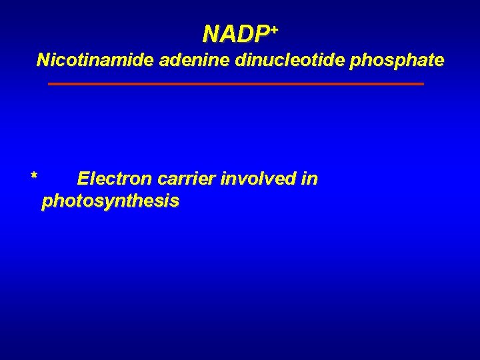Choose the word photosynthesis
(x=110, y=201)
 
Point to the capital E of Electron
(x=83, y=179)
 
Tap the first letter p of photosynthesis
(x=47, y=203)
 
